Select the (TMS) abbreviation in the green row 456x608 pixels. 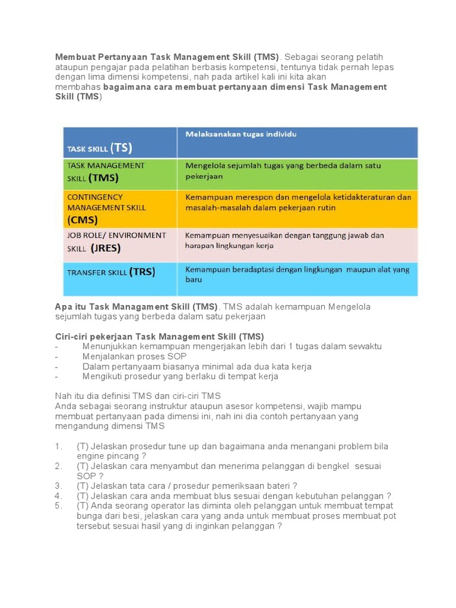point(104,177)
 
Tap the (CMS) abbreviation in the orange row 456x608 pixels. point(83,220)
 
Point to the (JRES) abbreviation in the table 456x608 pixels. point(105,248)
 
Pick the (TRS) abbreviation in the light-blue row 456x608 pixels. point(142,272)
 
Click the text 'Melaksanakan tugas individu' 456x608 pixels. point(241,134)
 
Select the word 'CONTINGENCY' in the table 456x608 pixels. point(95,197)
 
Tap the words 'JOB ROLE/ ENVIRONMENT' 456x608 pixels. point(116,235)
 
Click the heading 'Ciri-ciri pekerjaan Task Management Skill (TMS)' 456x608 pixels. point(159,337)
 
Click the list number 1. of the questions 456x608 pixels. point(58,446)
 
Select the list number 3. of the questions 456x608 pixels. point(58,486)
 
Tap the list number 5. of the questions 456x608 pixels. point(58,505)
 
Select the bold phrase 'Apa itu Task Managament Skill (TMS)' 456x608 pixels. point(137,306)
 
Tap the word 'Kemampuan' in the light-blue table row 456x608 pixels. point(205,270)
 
